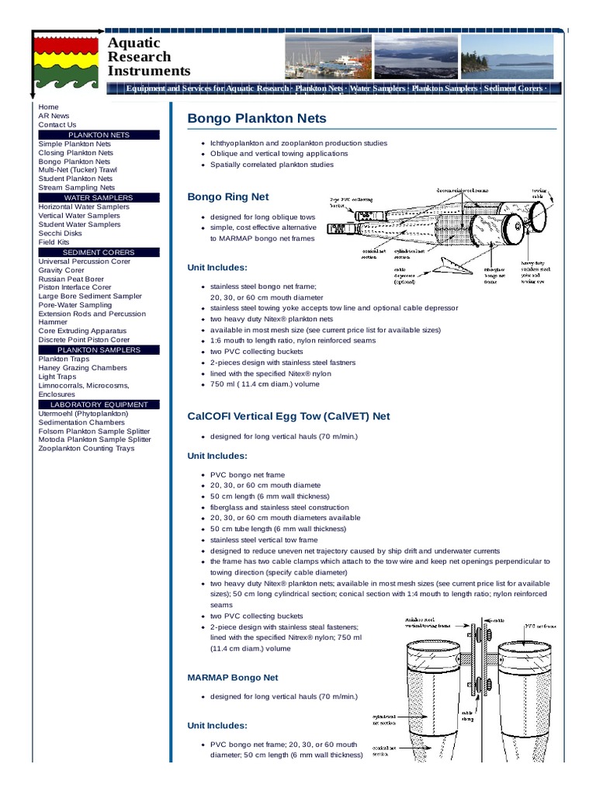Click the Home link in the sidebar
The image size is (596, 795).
pyautogui.click(x=48, y=107)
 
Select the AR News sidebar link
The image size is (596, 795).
pyautogui.click(x=54, y=116)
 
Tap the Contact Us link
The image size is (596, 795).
pyautogui.click(x=57, y=125)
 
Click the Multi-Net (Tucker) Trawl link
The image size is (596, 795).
pyautogui.click(x=78, y=170)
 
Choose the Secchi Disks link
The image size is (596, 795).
pyautogui.click(x=60, y=233)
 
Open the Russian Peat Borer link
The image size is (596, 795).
pyautogui.click(x=71, y=279)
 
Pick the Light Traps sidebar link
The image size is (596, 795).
pyautogui.click(x=57, y=377)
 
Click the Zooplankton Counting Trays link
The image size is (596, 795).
pyautogui.click(x=86, y=449)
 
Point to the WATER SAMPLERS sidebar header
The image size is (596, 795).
pyautogui.click(x=99, y=198)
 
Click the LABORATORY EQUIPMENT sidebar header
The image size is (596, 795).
pyautogui.click(x=99, y=404)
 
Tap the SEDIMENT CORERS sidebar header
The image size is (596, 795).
pyautogui.click(x=99, y=252)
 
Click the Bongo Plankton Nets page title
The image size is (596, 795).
pyautogui.click(x=257, y=119)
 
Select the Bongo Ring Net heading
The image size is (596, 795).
pyautogui.click(x=228, y=197)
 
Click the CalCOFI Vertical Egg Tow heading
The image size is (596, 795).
pyautogui.click(x=289, y=416)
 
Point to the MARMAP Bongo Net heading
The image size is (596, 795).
pyautogui.click(x=233, y=678)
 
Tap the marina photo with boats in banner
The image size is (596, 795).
pyautogui.click(x=328, y=57)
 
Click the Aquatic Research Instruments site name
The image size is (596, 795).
pyautogui.click(x=149, y=57)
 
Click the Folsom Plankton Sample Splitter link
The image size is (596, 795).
pyautogui.click(x=94, y=432)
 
